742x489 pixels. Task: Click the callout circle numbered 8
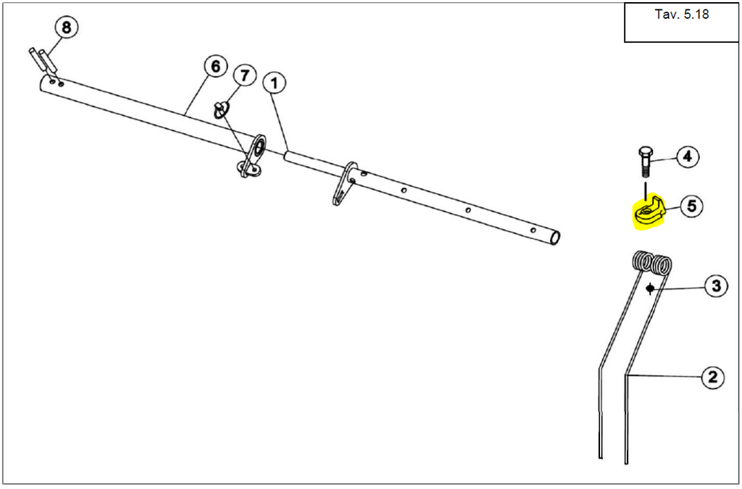66,28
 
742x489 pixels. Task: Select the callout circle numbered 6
215,67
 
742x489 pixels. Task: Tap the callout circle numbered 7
244,75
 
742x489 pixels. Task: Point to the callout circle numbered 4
688,156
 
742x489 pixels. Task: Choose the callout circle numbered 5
691,206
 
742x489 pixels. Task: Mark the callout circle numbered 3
716,286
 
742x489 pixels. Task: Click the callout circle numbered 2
712,377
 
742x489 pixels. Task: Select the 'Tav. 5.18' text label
682,14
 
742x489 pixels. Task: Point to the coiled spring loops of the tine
651,262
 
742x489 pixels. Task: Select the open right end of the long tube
556,238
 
